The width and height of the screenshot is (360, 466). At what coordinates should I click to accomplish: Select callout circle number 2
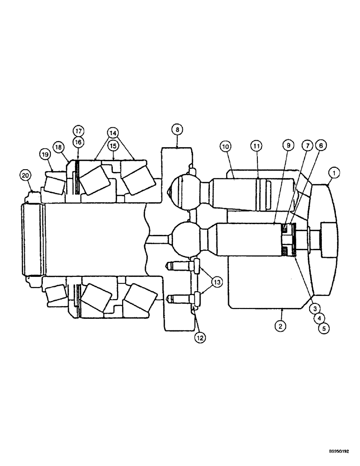point(280,326)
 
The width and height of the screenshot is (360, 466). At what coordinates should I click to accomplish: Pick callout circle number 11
point(256,147)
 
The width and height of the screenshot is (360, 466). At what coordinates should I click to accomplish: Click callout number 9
point(288,146)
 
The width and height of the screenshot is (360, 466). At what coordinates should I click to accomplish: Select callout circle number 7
point(306,146)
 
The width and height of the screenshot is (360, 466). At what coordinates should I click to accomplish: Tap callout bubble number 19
point(45,154)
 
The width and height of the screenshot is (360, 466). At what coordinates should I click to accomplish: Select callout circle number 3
point(316,308)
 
